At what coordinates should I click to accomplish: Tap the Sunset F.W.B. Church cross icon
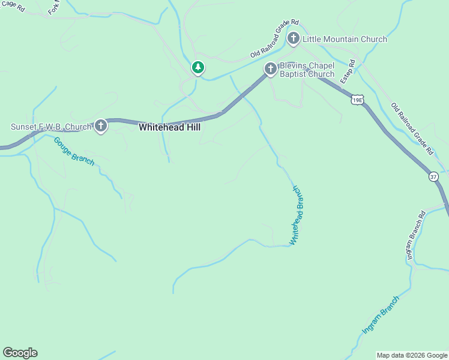[101, 127]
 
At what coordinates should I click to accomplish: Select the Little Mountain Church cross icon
[294, 40]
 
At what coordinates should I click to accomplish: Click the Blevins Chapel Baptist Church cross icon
[271, 70]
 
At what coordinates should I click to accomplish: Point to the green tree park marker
[197, 68]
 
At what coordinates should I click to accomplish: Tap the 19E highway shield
[357, 100]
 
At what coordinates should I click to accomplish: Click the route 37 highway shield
[433, 177]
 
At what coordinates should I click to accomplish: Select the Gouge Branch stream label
[74, 151]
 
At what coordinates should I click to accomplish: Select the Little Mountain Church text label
[345, 40]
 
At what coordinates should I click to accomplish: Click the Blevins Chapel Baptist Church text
[307, 70]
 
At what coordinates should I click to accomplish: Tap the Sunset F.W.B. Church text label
[51, 127]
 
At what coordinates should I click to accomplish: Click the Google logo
[20, 353]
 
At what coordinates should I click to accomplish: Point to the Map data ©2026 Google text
[412, 355]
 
